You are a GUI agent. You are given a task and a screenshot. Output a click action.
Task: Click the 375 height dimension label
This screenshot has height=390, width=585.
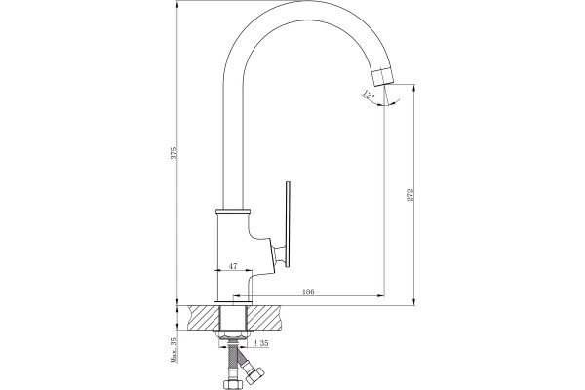pos(174,153)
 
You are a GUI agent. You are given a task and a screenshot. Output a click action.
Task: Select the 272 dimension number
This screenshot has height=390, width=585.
pos(410,195)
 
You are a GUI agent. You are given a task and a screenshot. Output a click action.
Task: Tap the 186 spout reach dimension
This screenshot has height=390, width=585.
pos(308,292)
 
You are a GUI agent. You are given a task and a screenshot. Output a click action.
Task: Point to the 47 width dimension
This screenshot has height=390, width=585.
pos(233,266)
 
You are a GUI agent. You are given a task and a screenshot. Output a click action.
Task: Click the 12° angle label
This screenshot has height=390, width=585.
pos(369,94)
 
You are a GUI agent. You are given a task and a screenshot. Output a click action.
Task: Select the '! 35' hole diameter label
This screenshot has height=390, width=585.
pos(261,343)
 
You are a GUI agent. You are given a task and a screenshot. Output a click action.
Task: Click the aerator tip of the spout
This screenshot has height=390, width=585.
pos(383,77)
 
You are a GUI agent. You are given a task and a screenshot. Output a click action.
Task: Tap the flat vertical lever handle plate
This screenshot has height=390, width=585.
pos(288,224)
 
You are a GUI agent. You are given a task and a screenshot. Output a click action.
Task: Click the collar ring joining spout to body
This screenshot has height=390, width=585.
pos(233,212)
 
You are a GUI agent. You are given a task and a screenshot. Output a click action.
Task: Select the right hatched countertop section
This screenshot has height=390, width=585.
pos(265,318)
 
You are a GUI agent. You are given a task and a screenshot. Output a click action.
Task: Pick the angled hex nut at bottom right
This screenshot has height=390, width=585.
pos(255,375)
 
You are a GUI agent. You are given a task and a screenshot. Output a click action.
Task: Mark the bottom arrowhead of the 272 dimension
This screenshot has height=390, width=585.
pos(413,301)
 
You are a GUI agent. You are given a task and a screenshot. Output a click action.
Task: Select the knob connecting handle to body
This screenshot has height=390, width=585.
pos(279,256)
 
